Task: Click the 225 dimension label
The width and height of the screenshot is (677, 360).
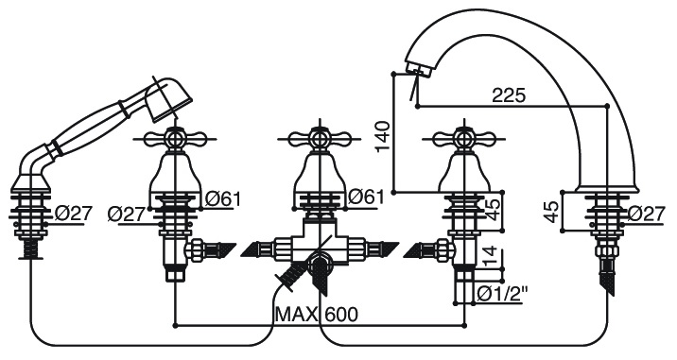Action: coord(509,95)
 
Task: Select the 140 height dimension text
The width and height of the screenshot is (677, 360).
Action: coord(383,136)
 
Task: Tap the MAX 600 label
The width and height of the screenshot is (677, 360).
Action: coord(317,315)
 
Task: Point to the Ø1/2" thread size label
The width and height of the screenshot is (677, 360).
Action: coord(503,295)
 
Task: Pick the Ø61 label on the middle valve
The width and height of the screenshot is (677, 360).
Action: coord(366,197)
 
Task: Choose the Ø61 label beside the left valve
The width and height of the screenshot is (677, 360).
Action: coord(222,199)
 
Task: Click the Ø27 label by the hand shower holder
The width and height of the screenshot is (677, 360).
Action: coord(74,214)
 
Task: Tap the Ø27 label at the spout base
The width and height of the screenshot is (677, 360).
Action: coord(646,214)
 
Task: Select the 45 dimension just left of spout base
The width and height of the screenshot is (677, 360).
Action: coord(551,213)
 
